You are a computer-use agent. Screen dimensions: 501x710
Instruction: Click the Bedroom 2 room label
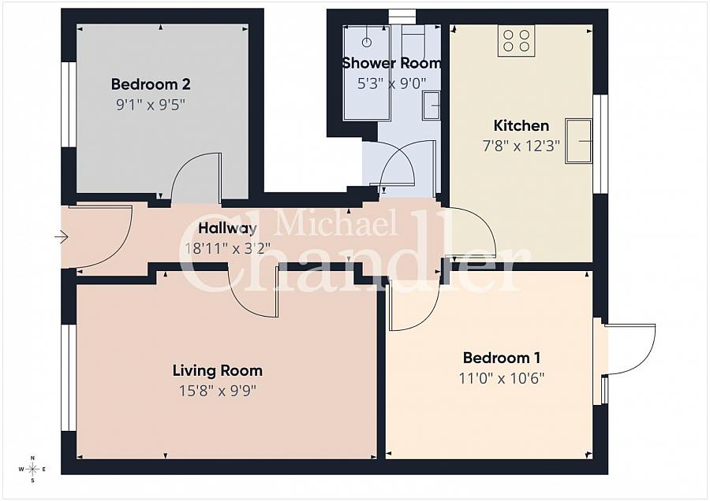pyautogui.click(x=150, y=84)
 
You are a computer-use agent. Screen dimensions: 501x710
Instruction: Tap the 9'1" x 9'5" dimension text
pyautogui.click(x=150, y=103)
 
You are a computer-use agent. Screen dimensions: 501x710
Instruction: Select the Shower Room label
pyautogui.click(x=391, y=63)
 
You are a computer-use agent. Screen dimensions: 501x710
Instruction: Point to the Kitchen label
pyautogui.click(x=521, y=125)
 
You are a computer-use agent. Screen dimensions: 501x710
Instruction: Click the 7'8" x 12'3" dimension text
pyautogui.click(x=521, y=145)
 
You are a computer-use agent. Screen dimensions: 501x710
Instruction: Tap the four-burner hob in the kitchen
pyautogui.click(x=516, y=40)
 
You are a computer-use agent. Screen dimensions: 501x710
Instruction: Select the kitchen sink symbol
pyautogui.click(x=578, y=142)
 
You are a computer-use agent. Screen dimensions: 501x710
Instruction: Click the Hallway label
pyautogui.click(x=227, y=229)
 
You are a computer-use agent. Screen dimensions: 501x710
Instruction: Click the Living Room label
pyautogui.click(x=217, y=370)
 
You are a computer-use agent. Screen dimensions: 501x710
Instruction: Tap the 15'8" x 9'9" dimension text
pyautogui.click(x=217, y=389)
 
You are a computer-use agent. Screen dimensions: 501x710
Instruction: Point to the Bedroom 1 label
pyautogui.click(x=501, y=358)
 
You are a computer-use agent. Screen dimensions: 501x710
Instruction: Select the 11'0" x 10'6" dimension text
pyautogui.click(x=501, y=377)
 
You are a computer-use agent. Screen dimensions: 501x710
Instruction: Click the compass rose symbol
pyautogui.click(x=32, y=469)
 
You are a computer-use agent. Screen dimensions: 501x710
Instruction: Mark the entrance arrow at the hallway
pyautogui.click(x=62, y=236)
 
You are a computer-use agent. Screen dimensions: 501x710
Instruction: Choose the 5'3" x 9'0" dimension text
pyautogui.click(x=391, y=83)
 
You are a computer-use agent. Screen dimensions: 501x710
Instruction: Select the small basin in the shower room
pyautogui.click(x=431, y=106)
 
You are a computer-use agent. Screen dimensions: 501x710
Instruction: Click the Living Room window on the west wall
pyautogui.click(x=69, y=377)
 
